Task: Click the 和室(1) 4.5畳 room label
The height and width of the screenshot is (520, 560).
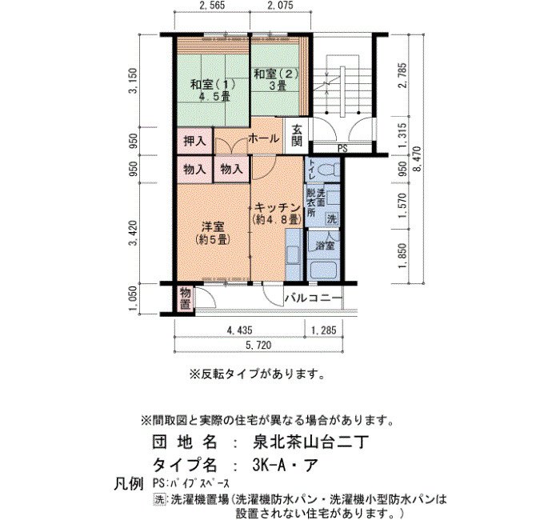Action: (x=213, y=90)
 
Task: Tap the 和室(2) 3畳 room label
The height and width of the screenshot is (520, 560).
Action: (x=276, y=80)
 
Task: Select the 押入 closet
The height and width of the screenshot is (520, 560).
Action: (x=195, y=141)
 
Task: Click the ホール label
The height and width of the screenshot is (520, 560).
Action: (x=263, y=138)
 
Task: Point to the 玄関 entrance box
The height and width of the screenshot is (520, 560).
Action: (x=297, y=136)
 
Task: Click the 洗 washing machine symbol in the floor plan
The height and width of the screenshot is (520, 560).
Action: (x=332, y=218)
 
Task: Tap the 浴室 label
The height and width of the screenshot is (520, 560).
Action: (x=325, y=246)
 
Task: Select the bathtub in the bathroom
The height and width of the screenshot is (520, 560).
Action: (x=324, y=270)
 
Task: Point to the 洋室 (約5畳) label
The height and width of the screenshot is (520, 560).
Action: (x=213, y=233)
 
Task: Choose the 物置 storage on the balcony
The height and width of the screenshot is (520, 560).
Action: (x=185, y=298)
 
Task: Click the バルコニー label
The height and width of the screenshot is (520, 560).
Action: (x=314, y=298)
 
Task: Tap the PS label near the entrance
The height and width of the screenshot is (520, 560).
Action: (x=342, y=149)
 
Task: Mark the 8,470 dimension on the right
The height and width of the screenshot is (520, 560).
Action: (x=417, y=158)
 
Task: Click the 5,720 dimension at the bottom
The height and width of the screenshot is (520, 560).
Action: (x=258, y=345)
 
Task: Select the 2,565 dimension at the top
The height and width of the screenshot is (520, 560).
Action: (x=212, y=5)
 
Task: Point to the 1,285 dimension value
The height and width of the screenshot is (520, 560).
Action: (x=323, y=330)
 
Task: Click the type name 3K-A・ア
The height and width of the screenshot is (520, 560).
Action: (x=285, y=465)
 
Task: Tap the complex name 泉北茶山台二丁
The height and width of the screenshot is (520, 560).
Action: (x=310, y=442)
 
